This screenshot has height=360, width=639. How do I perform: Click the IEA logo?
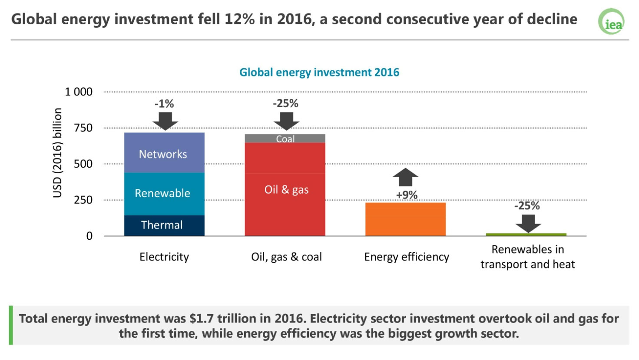click(611, 21)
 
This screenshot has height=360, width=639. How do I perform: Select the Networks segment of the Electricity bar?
click(164, 152)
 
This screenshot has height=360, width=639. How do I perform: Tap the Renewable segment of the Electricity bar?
click(164, 194)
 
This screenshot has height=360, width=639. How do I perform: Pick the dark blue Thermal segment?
click(164, 226)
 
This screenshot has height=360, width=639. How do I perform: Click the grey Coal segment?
click(285, 139)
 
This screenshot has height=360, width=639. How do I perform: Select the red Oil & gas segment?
click(285, 189)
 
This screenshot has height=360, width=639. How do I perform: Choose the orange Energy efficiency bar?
click(405, 219)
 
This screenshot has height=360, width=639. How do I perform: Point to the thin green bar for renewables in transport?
click(526, 234)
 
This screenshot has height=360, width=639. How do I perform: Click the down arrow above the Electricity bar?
click(165, 121)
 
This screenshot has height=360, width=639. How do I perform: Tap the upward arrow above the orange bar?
click(405, 177)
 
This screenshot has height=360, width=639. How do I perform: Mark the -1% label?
click(164, 104)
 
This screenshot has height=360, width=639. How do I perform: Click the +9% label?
click(407, 195)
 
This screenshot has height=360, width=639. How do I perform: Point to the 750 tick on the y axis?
click(83, 128)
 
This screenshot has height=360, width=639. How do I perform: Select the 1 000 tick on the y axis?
click(79, 92)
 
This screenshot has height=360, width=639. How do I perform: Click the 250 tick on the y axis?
click(83, 200)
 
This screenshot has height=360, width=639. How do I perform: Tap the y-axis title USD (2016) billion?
click(57, 153)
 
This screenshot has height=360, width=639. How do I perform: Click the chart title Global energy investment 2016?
click(319, 72)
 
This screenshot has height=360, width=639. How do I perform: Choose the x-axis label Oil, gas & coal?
click(286, 257)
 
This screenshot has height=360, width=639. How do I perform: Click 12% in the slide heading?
click(239, 20)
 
